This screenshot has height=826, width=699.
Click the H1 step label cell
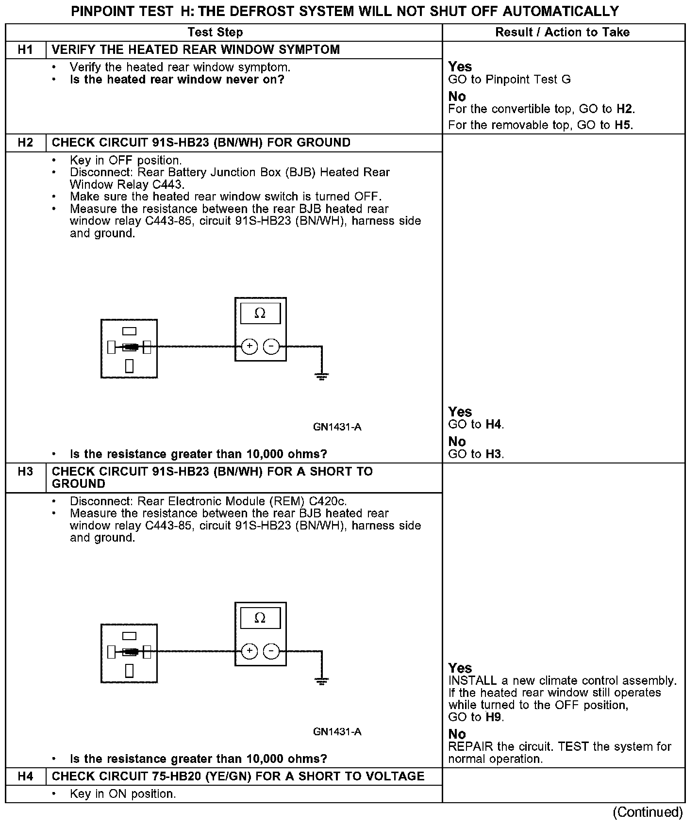tap(25, 50)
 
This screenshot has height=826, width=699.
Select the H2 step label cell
tap(25, 143)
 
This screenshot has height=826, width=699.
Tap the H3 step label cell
tap(25, 472)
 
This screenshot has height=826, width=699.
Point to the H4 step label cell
tap(25, 776)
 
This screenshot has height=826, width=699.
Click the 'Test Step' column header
tap(215, 33)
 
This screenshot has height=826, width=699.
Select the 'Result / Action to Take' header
tap(562, 33)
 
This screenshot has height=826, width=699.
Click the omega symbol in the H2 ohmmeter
tap(260, 314)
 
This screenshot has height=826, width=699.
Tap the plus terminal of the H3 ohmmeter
tap(250, 651)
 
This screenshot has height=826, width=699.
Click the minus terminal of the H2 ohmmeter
tap(271, 347)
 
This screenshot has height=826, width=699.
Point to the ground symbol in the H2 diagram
tap(321, 376)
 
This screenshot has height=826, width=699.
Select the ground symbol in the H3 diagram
tap(321, 680)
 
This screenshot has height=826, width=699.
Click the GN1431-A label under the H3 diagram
tap(337, 732)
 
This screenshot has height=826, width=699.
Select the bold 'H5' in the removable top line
tap(623, 125)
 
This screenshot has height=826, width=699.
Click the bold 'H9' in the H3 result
tap(493, 717)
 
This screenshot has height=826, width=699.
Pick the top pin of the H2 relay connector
tap(129, 331)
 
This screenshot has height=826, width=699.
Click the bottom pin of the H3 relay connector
tap(129, 670)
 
